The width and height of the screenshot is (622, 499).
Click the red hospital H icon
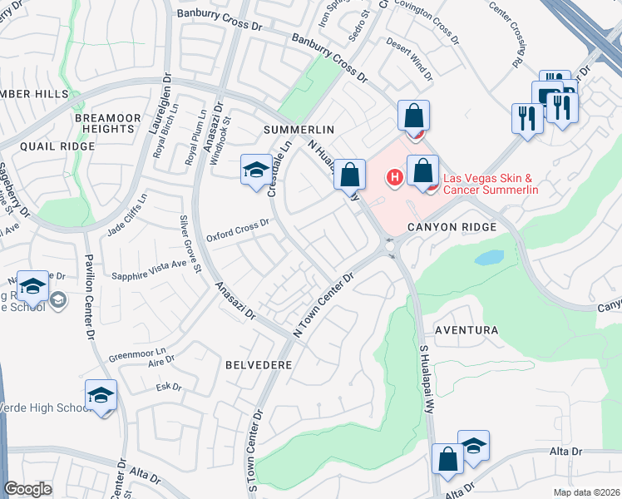tap(395, 176)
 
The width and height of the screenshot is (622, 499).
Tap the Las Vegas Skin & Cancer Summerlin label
tap(491, 184)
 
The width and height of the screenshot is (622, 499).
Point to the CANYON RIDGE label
tap(453, 227)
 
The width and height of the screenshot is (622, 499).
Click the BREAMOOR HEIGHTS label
tap(105, 124)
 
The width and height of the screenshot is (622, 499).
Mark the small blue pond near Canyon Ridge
tap(490, 257)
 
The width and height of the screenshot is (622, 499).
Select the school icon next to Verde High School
tap(101, 394)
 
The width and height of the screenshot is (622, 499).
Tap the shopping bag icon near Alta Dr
tap(447, 459)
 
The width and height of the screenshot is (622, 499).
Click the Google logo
tap(27, 489)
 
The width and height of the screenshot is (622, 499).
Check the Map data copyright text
tap(587, 492)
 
